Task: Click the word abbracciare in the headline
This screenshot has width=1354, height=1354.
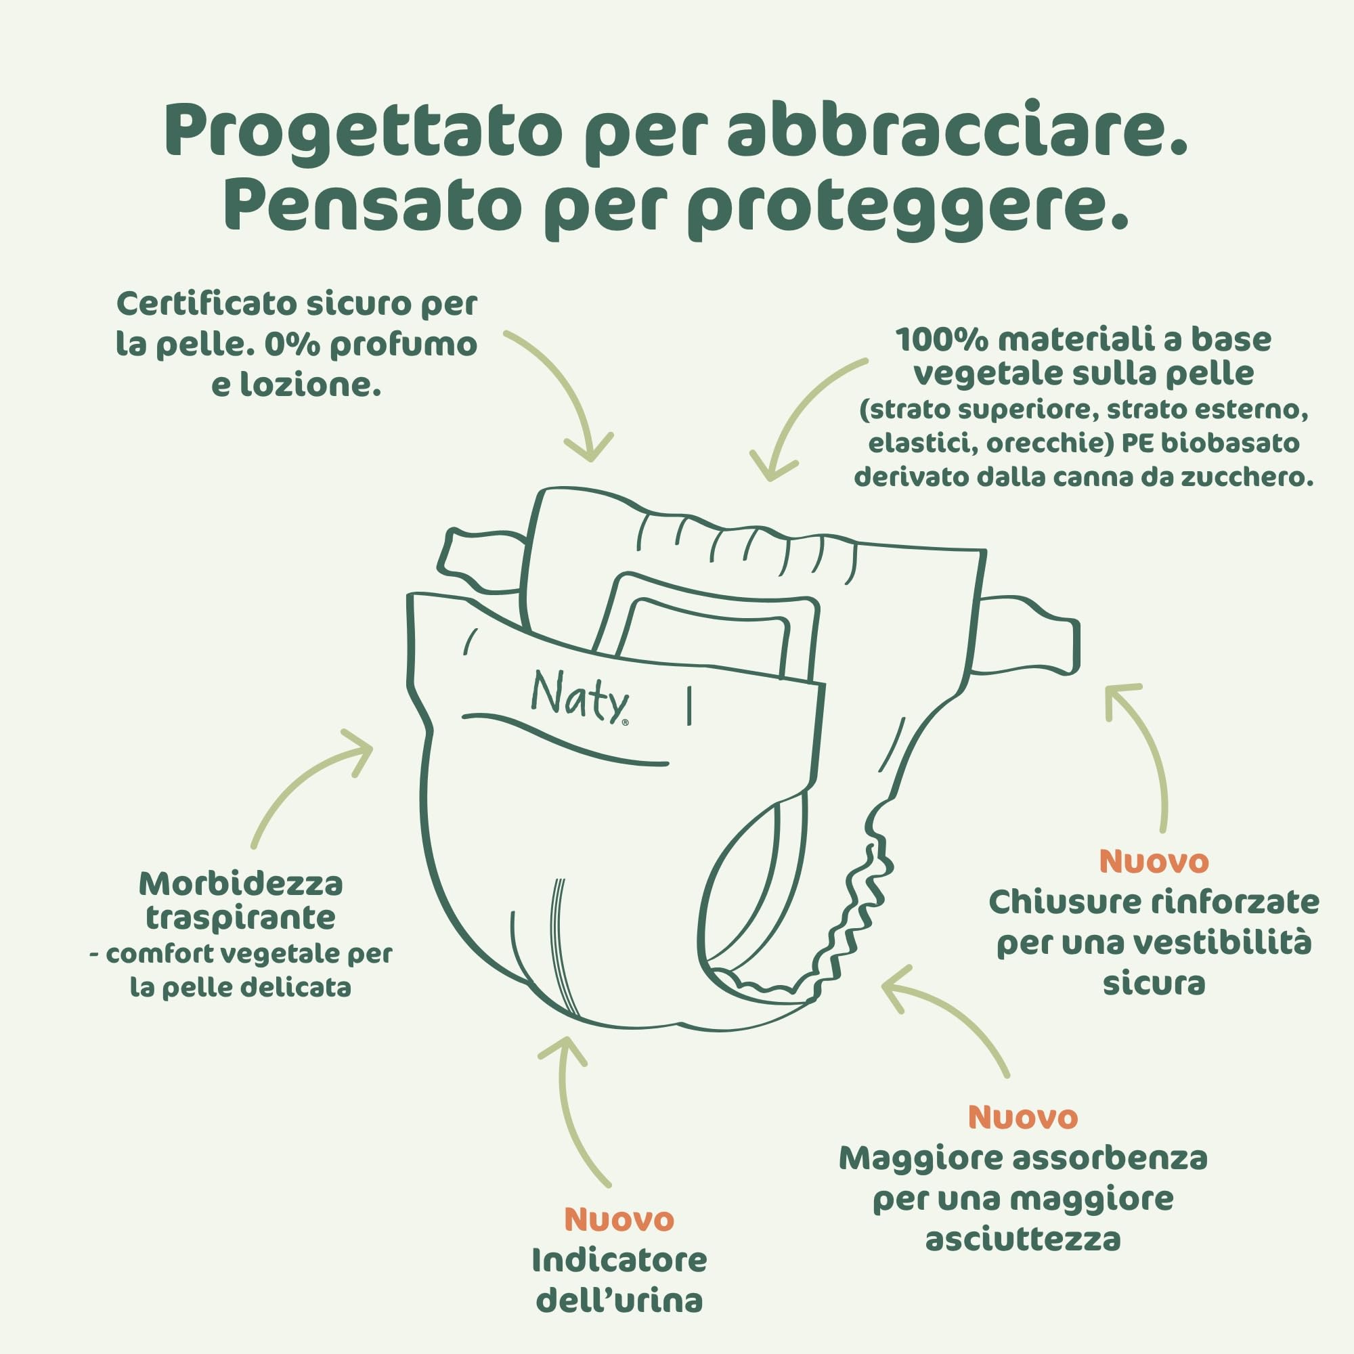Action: point(956,131)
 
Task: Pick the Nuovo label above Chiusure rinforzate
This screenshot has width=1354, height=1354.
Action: point(1154,861)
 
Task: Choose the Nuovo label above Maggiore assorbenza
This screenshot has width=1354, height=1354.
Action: point(1022,1117)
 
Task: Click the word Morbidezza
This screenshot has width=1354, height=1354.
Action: point(240,884)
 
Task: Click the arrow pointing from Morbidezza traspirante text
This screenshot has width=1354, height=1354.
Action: point(308,785)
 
